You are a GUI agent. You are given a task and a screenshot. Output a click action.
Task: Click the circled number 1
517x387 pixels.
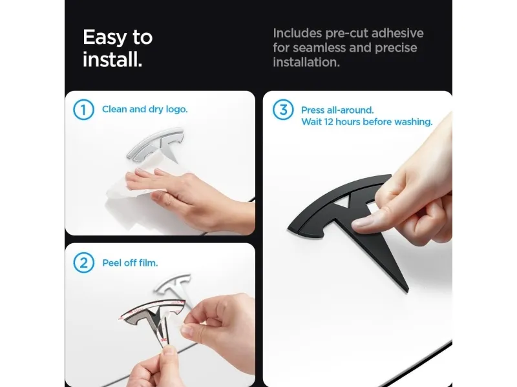point(83,110)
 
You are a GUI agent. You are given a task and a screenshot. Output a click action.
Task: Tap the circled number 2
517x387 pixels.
point(83,263)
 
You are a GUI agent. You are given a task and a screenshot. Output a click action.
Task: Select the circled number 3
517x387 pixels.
point(283,110)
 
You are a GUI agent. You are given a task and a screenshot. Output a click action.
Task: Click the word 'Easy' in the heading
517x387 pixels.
point(105,37)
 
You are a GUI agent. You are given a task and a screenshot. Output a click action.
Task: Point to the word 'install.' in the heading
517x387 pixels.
point(112,59)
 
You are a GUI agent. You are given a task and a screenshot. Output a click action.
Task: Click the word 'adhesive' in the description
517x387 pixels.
point(397,34)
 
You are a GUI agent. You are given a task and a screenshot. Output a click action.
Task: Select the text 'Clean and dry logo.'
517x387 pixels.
point(145,109)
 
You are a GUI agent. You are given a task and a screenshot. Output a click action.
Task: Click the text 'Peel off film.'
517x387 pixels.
point(130,263)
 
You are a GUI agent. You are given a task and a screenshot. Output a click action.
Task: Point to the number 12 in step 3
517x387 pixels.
point(328,122)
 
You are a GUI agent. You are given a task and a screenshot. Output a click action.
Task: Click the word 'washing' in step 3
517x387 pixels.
point(412,122)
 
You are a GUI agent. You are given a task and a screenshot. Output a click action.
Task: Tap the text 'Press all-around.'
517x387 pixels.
point(337,110)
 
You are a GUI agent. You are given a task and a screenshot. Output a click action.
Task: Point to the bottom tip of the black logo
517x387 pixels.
point(408,292)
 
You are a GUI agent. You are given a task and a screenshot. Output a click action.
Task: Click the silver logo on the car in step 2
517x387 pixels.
point(173,284)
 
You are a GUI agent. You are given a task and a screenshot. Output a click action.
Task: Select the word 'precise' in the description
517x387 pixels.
point(396,48)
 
